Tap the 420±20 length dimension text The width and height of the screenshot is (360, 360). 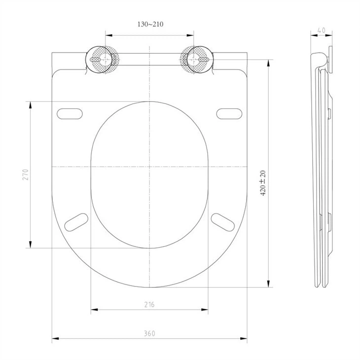pos(263,183)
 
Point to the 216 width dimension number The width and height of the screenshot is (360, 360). pos(149,305)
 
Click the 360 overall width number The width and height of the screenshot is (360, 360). pos(149,334)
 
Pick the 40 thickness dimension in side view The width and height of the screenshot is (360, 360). pos(322,30)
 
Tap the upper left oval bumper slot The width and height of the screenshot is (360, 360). pos(70,113)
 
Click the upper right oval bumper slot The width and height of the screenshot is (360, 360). pos(229,113)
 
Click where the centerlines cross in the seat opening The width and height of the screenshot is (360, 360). pos(149,167)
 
